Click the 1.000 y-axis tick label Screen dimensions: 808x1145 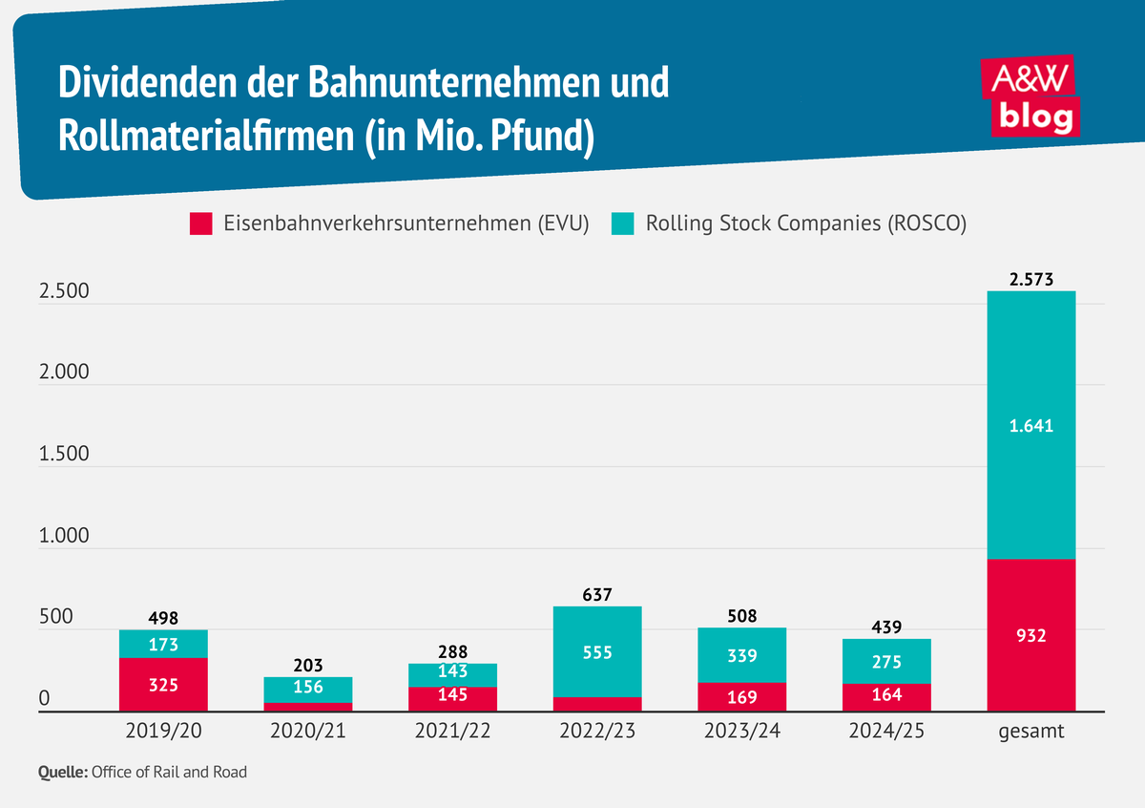pos(64,536)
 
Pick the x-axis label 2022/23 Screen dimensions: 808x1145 pos(597,734)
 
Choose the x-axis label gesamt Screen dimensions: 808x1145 pos(1031,734)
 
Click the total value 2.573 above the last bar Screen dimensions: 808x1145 pos(1031,279)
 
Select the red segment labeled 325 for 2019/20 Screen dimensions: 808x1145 pos(163,685)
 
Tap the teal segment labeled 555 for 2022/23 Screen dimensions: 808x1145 pos(597,652)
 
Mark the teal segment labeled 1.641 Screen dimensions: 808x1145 pos(1031,426)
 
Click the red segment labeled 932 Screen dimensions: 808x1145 pos(1031,635)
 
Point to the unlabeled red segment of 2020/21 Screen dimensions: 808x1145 pos(308,707)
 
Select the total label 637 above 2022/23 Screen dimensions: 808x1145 pos(597,594)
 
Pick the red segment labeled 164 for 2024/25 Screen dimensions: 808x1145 pos(886,696)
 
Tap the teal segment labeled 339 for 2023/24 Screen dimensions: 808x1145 pos(742,655)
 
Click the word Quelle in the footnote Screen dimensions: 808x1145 pos(62,772)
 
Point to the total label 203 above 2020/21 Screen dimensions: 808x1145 pos(308,665)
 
